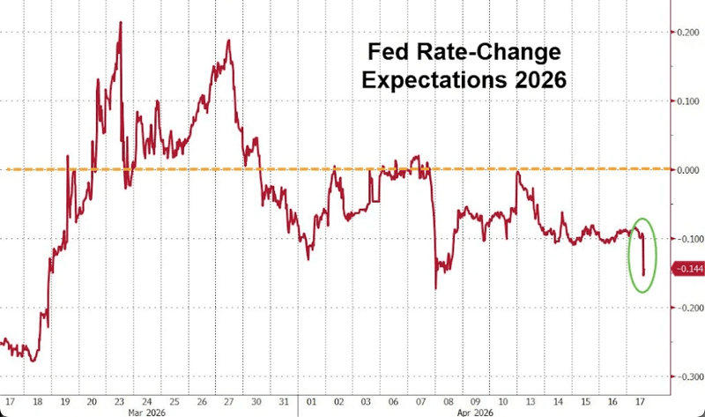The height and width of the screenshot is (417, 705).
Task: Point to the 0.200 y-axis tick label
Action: tap(687, 32)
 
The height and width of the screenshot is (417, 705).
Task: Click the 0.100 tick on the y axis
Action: tap(687, 101)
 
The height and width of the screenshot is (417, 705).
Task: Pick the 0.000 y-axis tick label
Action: tap(687, 169)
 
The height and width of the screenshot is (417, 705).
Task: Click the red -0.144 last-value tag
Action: tap(687, 268)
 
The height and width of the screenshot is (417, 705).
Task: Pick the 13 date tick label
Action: tap(523, 397)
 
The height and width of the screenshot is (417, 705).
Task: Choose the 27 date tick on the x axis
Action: tap(228, 397)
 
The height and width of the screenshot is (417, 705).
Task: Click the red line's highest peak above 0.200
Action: tap(120, 22)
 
